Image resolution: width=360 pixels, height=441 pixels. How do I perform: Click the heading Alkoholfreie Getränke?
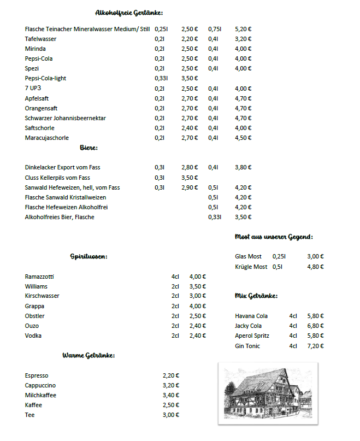pyautogui.click(x=129, y=13)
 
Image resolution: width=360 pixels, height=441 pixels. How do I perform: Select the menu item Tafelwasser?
pyautogui.click(x=40, y=39)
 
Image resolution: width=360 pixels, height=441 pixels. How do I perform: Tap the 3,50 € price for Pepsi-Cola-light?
pyautogui.click(x=190, y=78)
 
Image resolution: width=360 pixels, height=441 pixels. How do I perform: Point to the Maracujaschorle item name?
pyautogui.click(x=47, y=138)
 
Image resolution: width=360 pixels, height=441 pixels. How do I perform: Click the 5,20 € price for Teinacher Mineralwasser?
pyautogui.click(x=243, y=28)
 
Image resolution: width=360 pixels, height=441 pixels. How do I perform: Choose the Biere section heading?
pyautogui.click(x=88, y=148)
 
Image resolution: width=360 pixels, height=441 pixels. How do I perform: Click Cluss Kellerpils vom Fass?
pyautogui.click(x=57, y=178)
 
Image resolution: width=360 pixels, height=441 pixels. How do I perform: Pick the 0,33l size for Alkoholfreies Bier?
pyautogui.click(x=214, y=217)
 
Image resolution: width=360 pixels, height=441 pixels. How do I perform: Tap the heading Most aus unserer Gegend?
pyautogui.click(x=274, y=237)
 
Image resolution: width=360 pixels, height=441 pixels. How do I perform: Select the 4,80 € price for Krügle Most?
pyautogui.click(x=315, y=267)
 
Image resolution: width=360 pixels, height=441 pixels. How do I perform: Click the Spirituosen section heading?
pyautogui.click(x=88, y=256)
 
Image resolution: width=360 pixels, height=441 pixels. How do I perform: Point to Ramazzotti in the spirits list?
pyautogui.click(x=39, y=277)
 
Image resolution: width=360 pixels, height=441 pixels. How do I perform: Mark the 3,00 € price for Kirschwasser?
pyautogui.click(x=197, y=296)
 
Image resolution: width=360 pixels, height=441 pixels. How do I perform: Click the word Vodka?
pyautogui.click(x=33, y=336)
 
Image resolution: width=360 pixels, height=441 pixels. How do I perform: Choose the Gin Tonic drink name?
pyautogui.click(x=247, y=346)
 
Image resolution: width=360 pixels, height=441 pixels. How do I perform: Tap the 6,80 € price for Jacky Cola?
pyautogui.click(x=315, y=326)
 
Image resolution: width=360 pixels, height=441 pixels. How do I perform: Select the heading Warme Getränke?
pyautogui.click(x=88, y=356)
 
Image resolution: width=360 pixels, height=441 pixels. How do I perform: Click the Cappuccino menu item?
pyautogui.click(x=40, y=385)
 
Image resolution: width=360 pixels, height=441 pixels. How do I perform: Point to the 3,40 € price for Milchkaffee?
pyautogui.click(x=171, y=395)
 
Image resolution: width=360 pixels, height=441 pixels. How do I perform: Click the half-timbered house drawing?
pyautogui.click(x=268, y=392)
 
